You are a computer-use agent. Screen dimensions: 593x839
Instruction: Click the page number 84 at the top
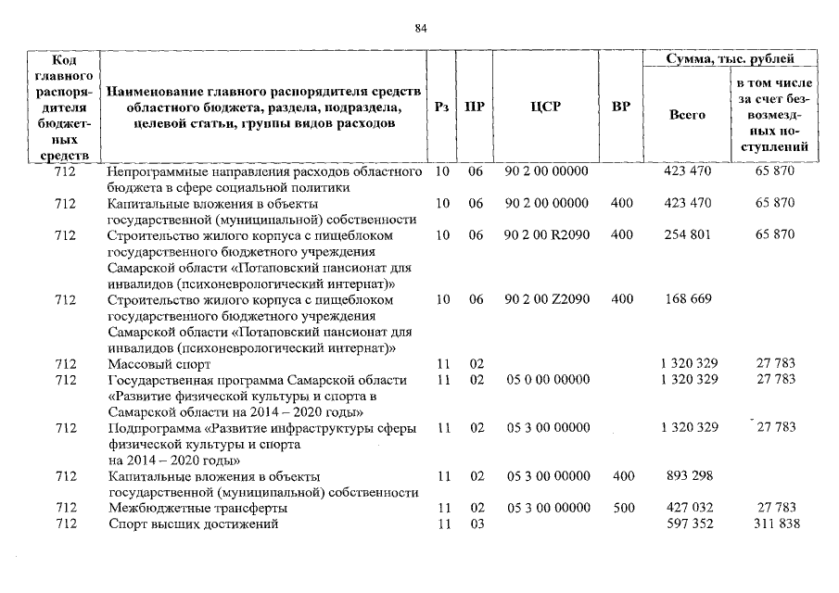click(420, 29)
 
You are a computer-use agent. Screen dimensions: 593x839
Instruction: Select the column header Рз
click(442, 107)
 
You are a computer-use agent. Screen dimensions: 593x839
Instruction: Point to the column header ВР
click(621, 107)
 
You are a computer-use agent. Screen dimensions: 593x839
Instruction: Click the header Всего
click(687, 115)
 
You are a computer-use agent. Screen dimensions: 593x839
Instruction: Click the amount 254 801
click(688, 235)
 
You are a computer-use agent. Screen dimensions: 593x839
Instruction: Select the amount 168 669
click(688, 299)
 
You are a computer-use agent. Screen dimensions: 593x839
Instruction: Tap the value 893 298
click(688, 476)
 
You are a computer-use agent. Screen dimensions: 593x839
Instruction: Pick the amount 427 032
click(688, 509)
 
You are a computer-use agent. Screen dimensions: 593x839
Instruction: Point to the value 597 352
click(688, 524)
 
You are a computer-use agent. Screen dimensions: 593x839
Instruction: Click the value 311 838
click(775, 524)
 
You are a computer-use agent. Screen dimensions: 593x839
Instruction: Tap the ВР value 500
click(622, 509)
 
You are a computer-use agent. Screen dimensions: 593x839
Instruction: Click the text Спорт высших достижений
click(193, 524)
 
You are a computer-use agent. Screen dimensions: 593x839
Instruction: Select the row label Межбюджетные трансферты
click(197, 509)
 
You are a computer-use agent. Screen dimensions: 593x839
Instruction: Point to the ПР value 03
click(476, 524)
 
